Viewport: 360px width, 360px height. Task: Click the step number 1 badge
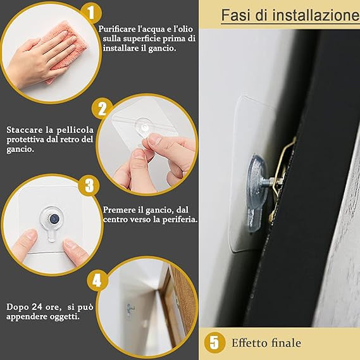[90, 11]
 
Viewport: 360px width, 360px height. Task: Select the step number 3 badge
[89, 185]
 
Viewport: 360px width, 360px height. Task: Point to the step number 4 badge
[96, 279]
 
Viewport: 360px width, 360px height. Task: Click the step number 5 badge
[215, 343]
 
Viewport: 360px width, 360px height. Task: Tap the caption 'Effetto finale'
[265, 344]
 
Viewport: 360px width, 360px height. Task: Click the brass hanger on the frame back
[281, 167]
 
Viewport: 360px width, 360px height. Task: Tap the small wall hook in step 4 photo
[130, 309]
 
